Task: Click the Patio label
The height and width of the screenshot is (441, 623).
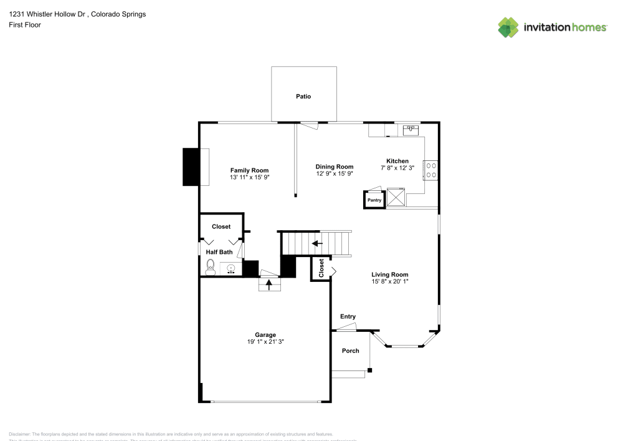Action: (303, 97)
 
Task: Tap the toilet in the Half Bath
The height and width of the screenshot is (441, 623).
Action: (210, 268)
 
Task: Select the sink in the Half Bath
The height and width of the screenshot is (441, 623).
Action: (231, 269)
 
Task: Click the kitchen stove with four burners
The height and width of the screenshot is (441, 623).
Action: (430, 170)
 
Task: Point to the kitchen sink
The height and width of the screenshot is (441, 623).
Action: (411, 130)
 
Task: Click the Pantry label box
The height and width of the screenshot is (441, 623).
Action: (374, 200)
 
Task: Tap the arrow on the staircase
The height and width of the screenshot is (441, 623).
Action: (317, 243)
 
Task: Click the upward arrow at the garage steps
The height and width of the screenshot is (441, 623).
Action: (269, 284)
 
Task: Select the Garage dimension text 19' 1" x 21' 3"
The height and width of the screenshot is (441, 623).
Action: (265, 342)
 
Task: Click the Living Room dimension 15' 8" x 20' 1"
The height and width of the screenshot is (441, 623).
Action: (389, 281)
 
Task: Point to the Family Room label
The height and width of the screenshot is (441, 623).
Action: (249, 170)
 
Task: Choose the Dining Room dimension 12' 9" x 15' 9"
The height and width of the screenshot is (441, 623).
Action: (335, 174)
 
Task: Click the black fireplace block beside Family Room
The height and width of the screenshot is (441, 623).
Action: (190, 167)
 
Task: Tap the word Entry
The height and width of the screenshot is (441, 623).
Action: (348, 317)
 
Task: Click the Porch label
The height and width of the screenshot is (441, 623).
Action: (351, 351)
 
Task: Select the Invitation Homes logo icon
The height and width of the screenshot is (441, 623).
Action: (508, 27)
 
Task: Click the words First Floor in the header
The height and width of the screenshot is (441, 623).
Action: (25, 25)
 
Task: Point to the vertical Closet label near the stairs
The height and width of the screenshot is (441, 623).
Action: (321, 268)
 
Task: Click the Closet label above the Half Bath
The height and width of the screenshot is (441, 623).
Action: (221, 226)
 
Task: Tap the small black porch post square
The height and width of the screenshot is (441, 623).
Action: (369, 371)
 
